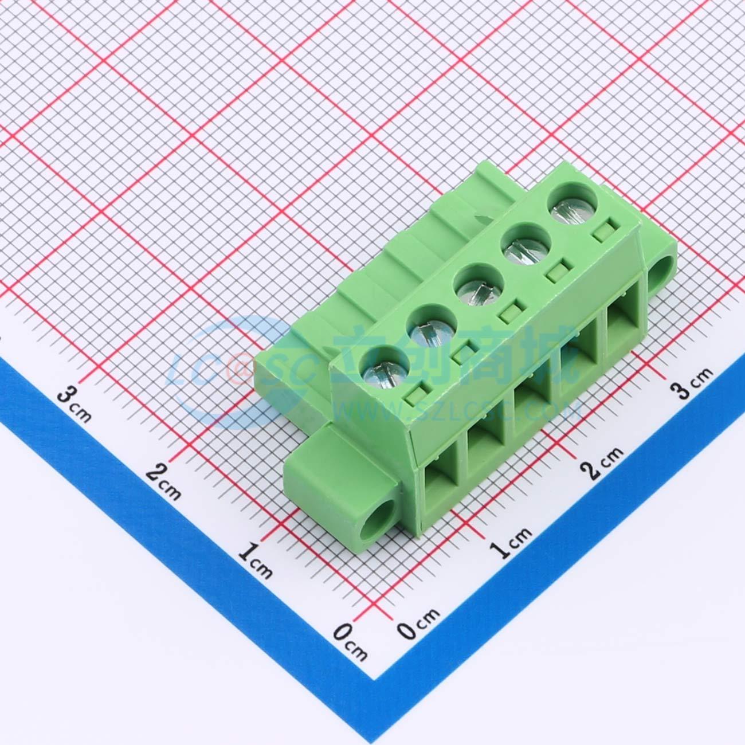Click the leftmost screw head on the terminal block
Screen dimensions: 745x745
(x=385, y=372)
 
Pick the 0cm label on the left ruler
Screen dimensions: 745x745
(x=350, y=641)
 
